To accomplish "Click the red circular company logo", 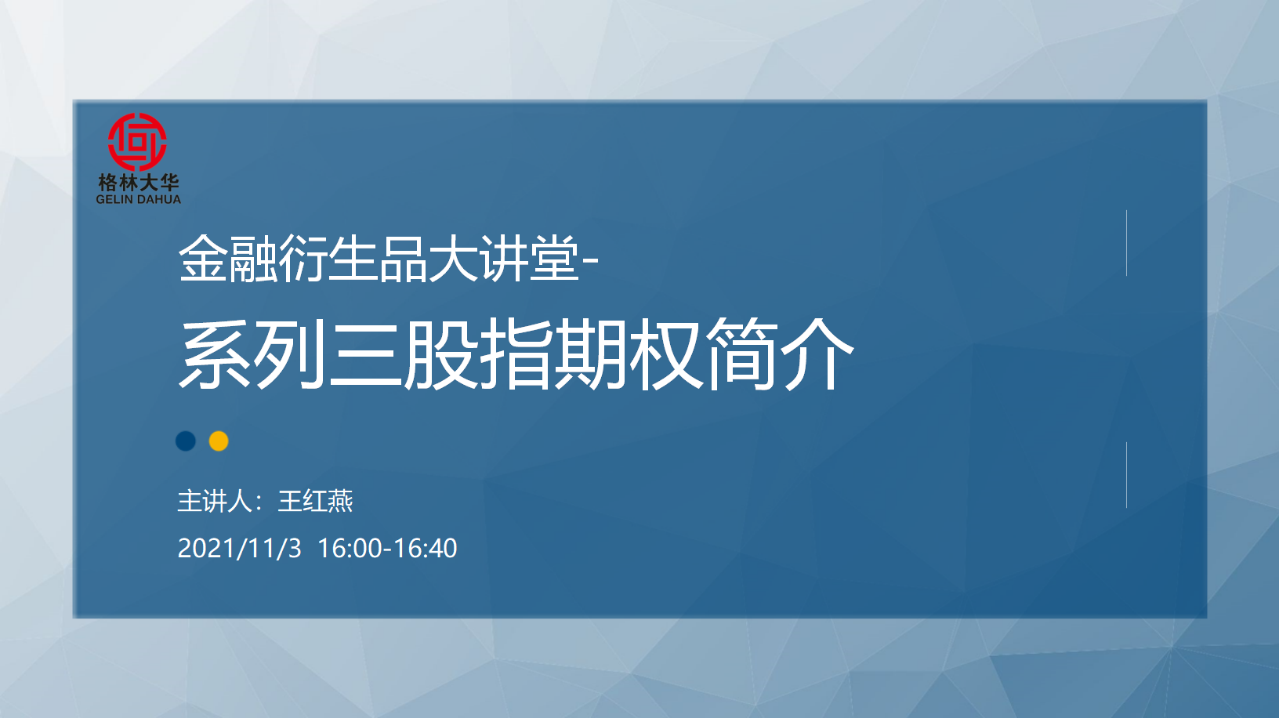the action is [x=137, y=142].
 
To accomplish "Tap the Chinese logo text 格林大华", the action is [x=139, y=183].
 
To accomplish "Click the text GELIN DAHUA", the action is [x=138, y=199].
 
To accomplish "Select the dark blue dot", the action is [x=186, y=441].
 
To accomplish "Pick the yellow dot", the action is [x=219, y=441].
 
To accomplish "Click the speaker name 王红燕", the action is [x=315, y=501].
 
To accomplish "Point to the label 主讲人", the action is [x=215, y=501].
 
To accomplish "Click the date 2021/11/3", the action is [x=239, y=548].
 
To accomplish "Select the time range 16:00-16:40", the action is [x=387, y=548].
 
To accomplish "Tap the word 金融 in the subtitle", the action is [x=228, y=259].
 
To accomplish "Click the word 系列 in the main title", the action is [x=252, y=354].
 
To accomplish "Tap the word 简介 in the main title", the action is [x=779, y=354].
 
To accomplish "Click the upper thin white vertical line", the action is [x=1126, y=243].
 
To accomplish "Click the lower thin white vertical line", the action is [x=1126, y=475].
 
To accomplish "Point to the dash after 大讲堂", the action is [x=589, y=262].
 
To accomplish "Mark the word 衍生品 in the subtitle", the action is [x=353, y=259].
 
